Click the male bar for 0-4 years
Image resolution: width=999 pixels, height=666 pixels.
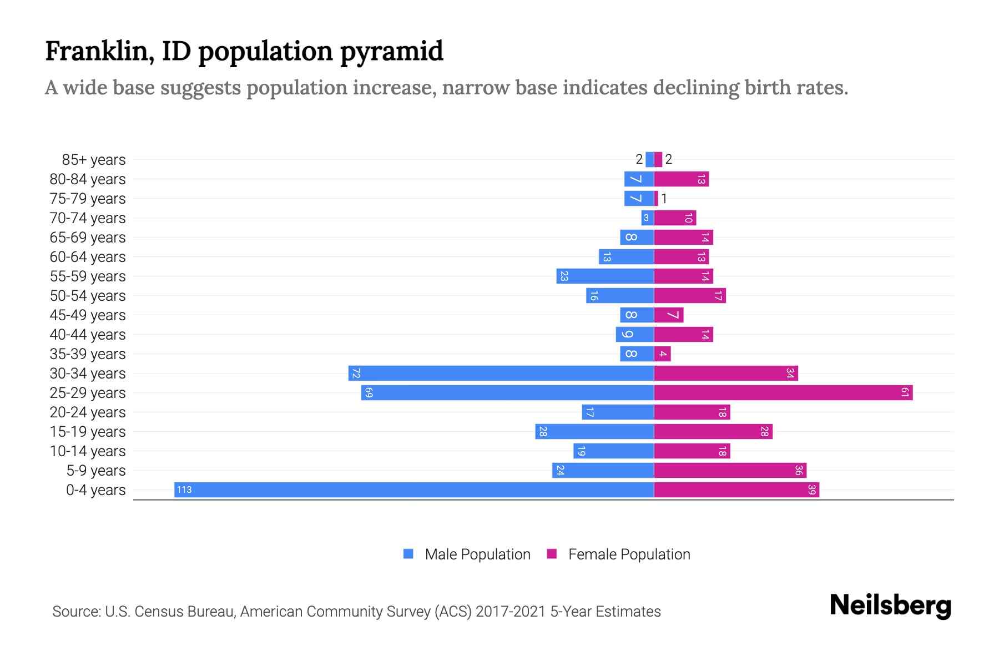click(x=413, y=490)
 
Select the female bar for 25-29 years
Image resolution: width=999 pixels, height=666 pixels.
click(x=783, y=392)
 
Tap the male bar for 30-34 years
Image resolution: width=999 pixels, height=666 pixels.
click(x=501, y=373)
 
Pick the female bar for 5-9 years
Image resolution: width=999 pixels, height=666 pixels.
click(x=730, y=470)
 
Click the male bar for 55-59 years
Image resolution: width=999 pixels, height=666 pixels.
click(x=605, y=276)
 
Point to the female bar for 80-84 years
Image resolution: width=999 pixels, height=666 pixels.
click(x=681, y=179)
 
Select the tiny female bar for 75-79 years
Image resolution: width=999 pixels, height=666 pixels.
click(x=656, y=198)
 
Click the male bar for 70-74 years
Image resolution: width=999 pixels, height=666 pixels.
click(x=647, y=218)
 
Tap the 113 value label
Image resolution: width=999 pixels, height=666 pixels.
click(x=184, y=490)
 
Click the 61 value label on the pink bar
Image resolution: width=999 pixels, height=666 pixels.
click(x=905, y=392)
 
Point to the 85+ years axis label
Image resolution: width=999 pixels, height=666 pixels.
click(x=94, y=160)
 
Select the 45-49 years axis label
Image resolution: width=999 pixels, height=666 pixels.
click(x=88, y=315)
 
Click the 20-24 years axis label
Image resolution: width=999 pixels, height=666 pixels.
click(x=88, y=412)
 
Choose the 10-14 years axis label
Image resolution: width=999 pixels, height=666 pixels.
click(x=88, y=451)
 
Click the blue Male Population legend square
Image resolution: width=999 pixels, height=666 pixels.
click(x=408, y=554)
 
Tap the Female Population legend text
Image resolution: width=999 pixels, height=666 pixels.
click(x=629, y=554)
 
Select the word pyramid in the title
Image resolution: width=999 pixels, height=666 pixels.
click(x=391, y=52)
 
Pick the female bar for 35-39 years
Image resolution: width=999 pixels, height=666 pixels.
click(x=662, y=354)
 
